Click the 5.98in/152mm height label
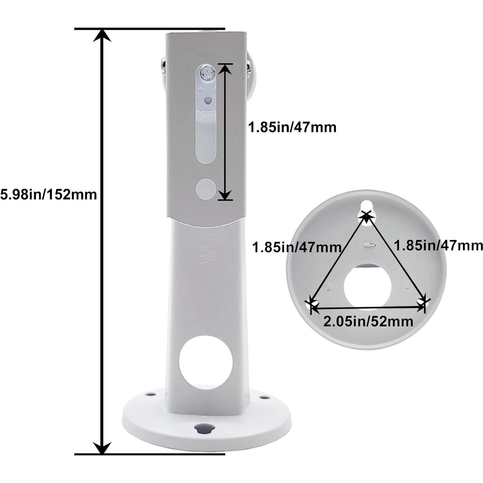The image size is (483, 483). click(x=48, y=195)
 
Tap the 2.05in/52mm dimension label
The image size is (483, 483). click(x=368, y=321)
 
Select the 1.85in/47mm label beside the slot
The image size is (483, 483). click(x=292, y=127)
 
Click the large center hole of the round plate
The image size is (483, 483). click(x=367, y=286)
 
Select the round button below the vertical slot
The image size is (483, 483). click(x=206, y=188)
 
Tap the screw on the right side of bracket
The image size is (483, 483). click(x=249, y=67)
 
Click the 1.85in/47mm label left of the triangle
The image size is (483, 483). click(x=297, y=247)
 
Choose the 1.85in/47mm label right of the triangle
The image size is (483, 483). click(x=438, y=246)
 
